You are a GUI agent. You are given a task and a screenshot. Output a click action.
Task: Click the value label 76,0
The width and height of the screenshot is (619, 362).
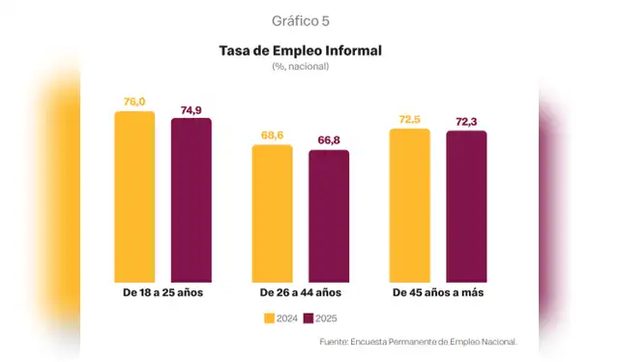coord(134,102)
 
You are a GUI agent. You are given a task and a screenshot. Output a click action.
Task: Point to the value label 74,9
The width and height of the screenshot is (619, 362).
coord(191,109)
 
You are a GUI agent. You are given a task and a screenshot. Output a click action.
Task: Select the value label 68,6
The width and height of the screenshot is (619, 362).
coord(272,136)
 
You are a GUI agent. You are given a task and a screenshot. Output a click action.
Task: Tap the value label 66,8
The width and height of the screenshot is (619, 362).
coord(329,140)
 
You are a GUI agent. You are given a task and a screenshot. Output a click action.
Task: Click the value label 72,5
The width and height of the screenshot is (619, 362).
coord(409,119)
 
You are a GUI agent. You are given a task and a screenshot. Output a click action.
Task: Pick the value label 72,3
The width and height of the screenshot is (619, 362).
coord(466,121)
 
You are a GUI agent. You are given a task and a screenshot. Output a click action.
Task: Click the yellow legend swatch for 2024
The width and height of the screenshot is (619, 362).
coord(268,317)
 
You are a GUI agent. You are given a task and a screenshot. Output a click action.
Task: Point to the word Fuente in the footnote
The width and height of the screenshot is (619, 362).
coord(334,342)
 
